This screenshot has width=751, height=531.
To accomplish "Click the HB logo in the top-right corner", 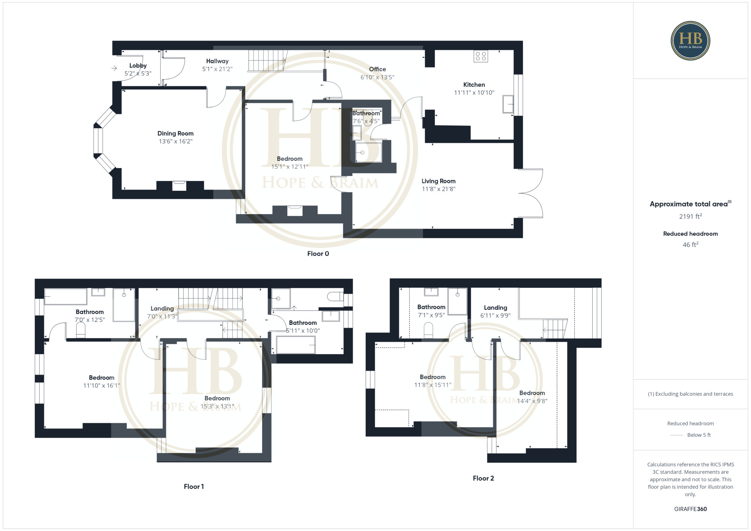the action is pyautogui.click(x=690, y=41).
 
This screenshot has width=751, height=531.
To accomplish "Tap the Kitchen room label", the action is pyautogui.click(x=474, y=84).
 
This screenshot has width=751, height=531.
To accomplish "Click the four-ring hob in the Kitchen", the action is pyautogui.click(x=481, y=56).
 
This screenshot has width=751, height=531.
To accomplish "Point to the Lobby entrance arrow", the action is pyautogui.click(x=114, y=68).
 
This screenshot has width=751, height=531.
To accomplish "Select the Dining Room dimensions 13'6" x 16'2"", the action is pyautogui.click(x=176, y=141).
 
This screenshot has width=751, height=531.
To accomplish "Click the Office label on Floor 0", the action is pyautogui.click(x=377, y=69).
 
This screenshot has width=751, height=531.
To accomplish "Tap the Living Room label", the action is pyautogui.click(x=438, y=181).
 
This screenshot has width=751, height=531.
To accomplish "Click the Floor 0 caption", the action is pyautogui.click(x=318, y=253).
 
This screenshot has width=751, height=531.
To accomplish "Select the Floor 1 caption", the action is pyautogui.click(x=194, y=486).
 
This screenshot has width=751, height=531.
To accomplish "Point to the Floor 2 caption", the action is pyautogui.click(x=483, y=478).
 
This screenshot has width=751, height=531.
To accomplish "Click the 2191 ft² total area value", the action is pyautogui.click(x=690, y=216).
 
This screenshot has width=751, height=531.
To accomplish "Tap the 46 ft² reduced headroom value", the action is pyautogui.click(x=690, y=245).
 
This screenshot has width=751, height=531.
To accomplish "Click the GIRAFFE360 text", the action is pyautogui.click(x=690, y=509).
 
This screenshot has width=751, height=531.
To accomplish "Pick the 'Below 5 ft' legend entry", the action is pyautogui.click(x=699, y=435).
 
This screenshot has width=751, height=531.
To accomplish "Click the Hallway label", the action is pyautogui.click(x=217, y=61).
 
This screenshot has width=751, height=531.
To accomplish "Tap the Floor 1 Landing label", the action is pyautogui.click(x=162, y=309).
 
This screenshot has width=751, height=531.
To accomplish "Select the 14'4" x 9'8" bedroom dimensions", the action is pyautogui.click(x=532, y=401).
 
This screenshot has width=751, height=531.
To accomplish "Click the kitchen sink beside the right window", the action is pyautogui.click(x=508, y=104).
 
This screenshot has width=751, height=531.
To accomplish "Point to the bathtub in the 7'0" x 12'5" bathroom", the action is pyautogui.click(x=65, y=297).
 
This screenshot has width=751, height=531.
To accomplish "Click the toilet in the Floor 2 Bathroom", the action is pyautogui.click(x=429, y=330).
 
